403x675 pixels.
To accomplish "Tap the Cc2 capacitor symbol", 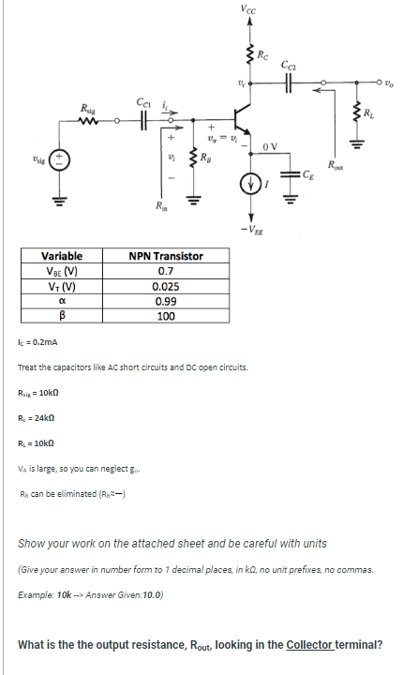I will pos(290,82).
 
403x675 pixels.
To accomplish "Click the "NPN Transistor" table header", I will pos(166,256).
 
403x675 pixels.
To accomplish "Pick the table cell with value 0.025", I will pos(166,288).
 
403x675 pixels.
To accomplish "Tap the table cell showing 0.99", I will pos(166,303).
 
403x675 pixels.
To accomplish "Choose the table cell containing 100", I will pos(166,318).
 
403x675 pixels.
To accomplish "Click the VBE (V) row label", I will pos(61,272).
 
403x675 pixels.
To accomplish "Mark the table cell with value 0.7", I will pos(166,272).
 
